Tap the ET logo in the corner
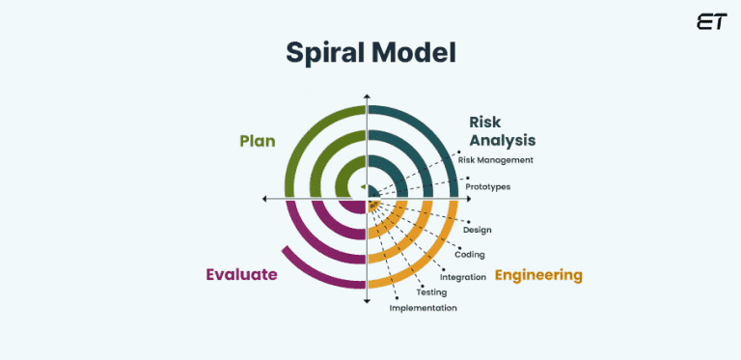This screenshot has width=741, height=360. [x=711, y=22]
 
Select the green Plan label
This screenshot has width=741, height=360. [x=258, y=141]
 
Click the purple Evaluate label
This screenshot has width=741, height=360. [x=241, y=274]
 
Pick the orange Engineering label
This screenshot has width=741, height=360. [x=538, y=275]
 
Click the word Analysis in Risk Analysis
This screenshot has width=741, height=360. [x=502, y=140]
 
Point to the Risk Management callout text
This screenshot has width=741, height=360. [x=496, y=159]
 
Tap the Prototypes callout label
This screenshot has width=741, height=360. [x=487, y=186]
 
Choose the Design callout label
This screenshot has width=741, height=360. [x=478, y=230]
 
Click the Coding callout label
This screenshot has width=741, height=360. [x=470, y=255]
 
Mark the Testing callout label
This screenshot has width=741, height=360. [x=431, y=292]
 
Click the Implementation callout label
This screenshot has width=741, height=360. [x=423, y=308]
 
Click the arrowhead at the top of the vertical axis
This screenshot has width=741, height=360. [x=367, y=97]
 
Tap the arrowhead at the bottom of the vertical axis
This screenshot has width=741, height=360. [x=367, y=301]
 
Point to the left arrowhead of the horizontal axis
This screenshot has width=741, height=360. [x=265, y=199]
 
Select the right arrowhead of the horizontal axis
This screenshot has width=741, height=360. [x=468, y=199]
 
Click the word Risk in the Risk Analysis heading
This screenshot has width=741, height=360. [x=486, y=122]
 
